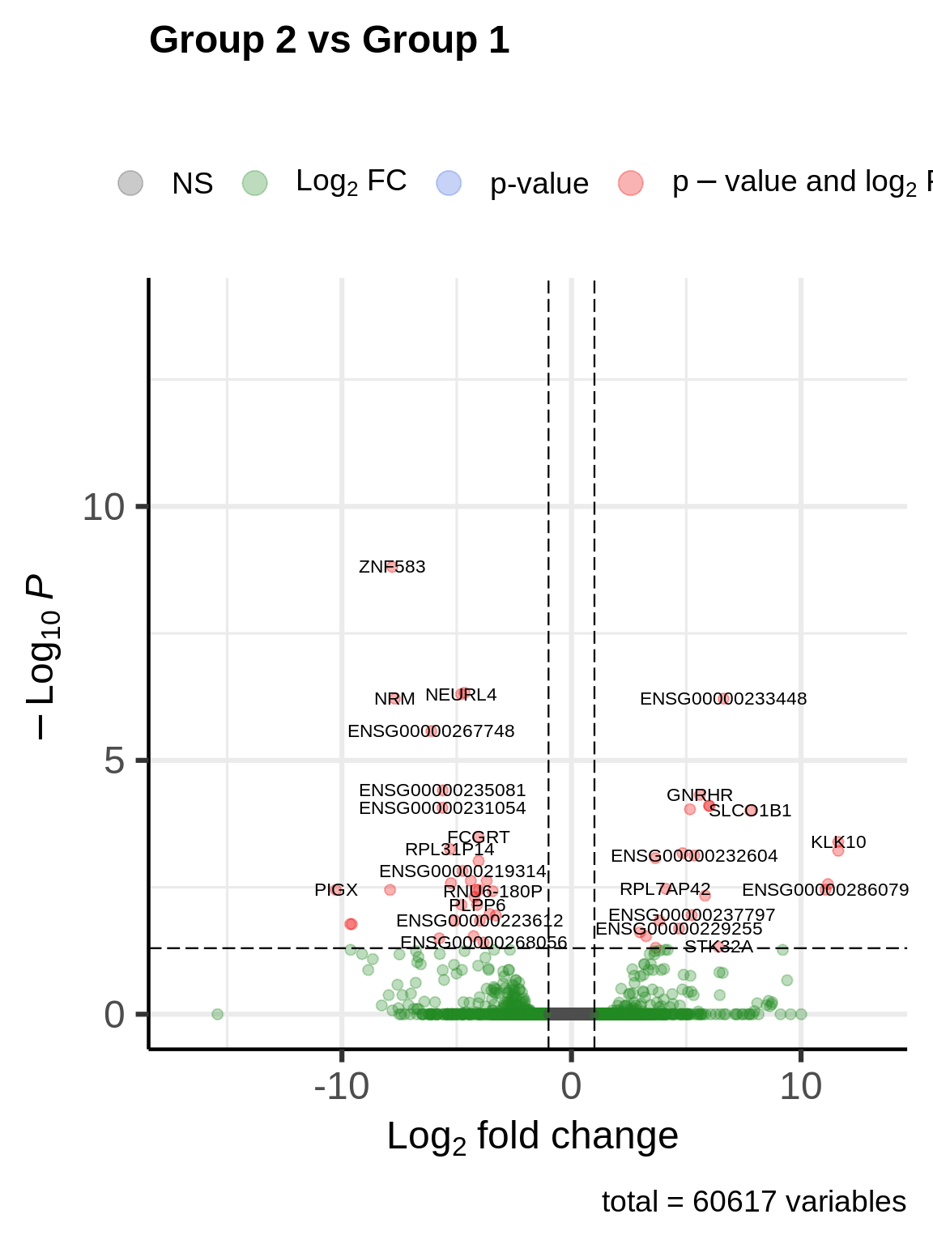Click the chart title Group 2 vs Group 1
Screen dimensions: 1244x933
coord(329,40)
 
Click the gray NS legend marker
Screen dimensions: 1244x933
coord(130,183)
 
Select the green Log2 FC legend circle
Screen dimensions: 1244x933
coord(255,183)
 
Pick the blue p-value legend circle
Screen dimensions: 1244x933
coord(449,183)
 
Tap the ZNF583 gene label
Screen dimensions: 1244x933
coord(392,567)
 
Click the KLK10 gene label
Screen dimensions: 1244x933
coord(838,842)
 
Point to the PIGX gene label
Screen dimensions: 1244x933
coord(336,890)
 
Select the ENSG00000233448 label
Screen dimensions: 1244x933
coord(723,699)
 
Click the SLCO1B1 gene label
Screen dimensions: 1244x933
coord(750,811)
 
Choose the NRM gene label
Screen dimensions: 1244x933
coord(394,699)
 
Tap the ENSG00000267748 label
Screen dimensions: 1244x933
coord(431,731)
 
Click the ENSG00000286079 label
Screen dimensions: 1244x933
coord(825,890)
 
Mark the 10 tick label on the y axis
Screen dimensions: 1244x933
coord(104,508)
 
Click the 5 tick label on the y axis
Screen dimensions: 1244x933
coord(114,761)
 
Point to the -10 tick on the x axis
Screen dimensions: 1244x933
coord(341,1087)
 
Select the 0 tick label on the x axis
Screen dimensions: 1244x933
coord(571,1087)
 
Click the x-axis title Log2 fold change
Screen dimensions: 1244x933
coord(532,1136)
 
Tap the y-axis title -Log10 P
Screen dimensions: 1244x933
coord(40,656)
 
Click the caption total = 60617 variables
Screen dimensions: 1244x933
coord(753,1202)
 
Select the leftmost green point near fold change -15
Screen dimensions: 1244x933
coord(217,1014)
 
